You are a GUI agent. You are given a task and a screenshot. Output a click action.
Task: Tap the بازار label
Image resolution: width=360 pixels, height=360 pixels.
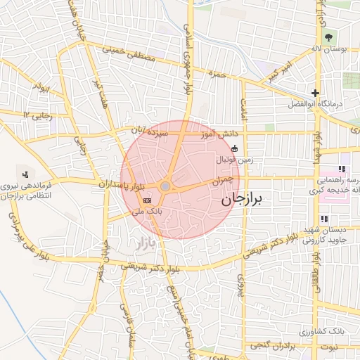click(x=141, y=245)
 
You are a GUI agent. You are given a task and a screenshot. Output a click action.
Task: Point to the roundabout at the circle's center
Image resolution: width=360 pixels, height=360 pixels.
click(x=165, y=186)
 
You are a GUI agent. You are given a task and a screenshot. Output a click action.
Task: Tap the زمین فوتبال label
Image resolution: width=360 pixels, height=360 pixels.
click(x=233, y=160)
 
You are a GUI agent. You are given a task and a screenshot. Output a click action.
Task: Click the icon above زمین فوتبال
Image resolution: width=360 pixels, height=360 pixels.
click(x=234, y=148)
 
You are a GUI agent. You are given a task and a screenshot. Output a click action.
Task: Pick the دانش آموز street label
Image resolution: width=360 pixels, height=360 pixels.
click(x=221, y=132)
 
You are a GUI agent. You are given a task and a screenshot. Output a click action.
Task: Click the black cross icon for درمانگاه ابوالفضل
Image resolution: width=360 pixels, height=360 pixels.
click(x=316, y=93)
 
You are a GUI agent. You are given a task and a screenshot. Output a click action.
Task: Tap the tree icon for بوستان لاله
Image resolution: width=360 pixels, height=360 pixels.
click(x=328, y=37)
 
